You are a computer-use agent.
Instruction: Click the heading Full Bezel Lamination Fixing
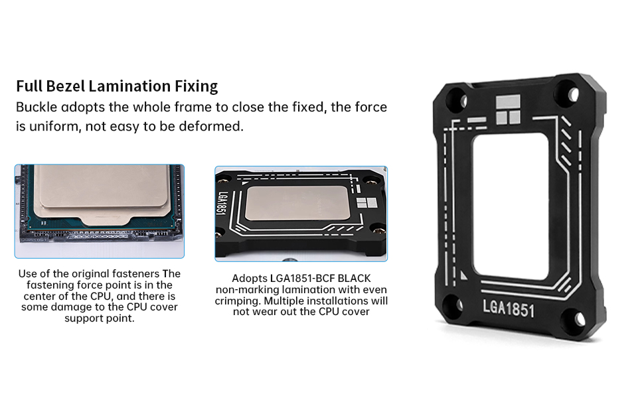pos(117,86)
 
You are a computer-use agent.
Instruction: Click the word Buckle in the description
pos(37,107)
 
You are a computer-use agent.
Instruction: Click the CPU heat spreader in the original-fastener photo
pos(100,192)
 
